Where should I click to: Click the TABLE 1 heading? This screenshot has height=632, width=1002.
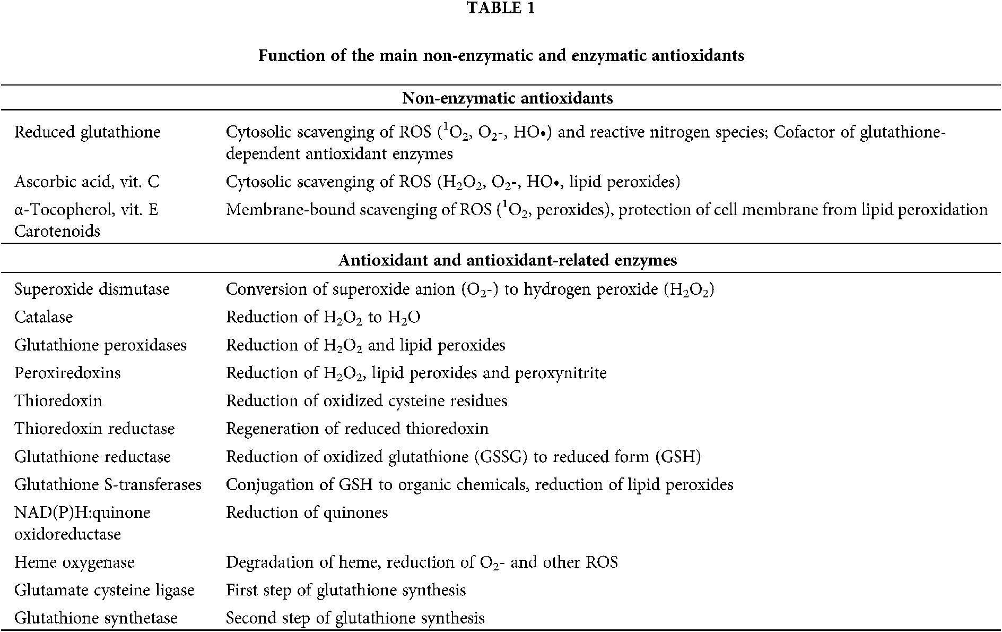point(501,9)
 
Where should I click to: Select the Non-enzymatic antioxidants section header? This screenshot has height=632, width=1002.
point(508,98)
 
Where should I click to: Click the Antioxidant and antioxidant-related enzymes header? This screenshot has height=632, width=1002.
point(508,260)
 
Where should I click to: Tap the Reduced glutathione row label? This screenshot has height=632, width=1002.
point(87,132)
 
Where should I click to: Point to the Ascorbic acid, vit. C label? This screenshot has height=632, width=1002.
point(86,182)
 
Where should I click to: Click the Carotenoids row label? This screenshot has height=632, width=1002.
point(57,232)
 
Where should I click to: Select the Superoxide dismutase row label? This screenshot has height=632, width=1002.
point(92,289)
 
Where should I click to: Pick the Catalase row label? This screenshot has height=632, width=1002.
point(43,318)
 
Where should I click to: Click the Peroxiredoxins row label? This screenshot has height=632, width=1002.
point(67,373)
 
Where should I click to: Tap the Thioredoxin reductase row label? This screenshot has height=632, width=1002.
point(94,429)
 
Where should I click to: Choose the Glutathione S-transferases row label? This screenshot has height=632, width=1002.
point(108,484)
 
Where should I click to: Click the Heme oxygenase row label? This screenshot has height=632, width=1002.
point(74,562)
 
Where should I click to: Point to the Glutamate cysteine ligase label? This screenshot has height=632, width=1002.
point(104,591)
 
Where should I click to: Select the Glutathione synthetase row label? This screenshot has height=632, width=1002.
point(96,618)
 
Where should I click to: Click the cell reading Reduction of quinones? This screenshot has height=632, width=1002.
point(307,513)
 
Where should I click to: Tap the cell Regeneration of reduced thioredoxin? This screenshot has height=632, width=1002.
point(357,429)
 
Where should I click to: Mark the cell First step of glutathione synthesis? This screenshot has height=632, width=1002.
point(346,591)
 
